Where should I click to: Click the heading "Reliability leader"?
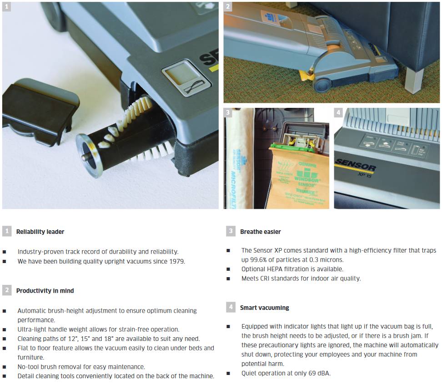(x=40, y=232)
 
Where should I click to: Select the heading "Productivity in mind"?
(x=45, y=291)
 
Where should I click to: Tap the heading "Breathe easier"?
(x=260, y=232)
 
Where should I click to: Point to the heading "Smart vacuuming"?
(x=264, y=308)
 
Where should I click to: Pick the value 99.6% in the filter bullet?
(x=259, y=260)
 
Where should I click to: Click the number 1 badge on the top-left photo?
(x=6, y=6)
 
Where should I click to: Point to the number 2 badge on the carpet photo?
(x=228, y=6)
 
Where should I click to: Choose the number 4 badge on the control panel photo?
(x=338, y=112)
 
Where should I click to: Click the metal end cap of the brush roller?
(x=90, y=156)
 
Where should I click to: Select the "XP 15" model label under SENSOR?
(x=365, y=175)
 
